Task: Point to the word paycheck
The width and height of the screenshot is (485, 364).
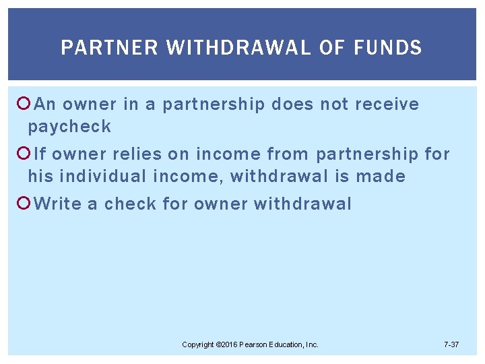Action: pyautogui.click(x=69, y=126)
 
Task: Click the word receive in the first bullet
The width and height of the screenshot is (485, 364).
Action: pyautogui.click(x=387, y=104)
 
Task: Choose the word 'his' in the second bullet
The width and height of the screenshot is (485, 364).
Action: pyautogui.click(x=40, y=177)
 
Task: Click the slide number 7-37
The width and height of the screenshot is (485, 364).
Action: pyautogui.click(x=451, y=345)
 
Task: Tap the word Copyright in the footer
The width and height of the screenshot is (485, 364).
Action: pyautogui.click(x=198, y=345)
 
